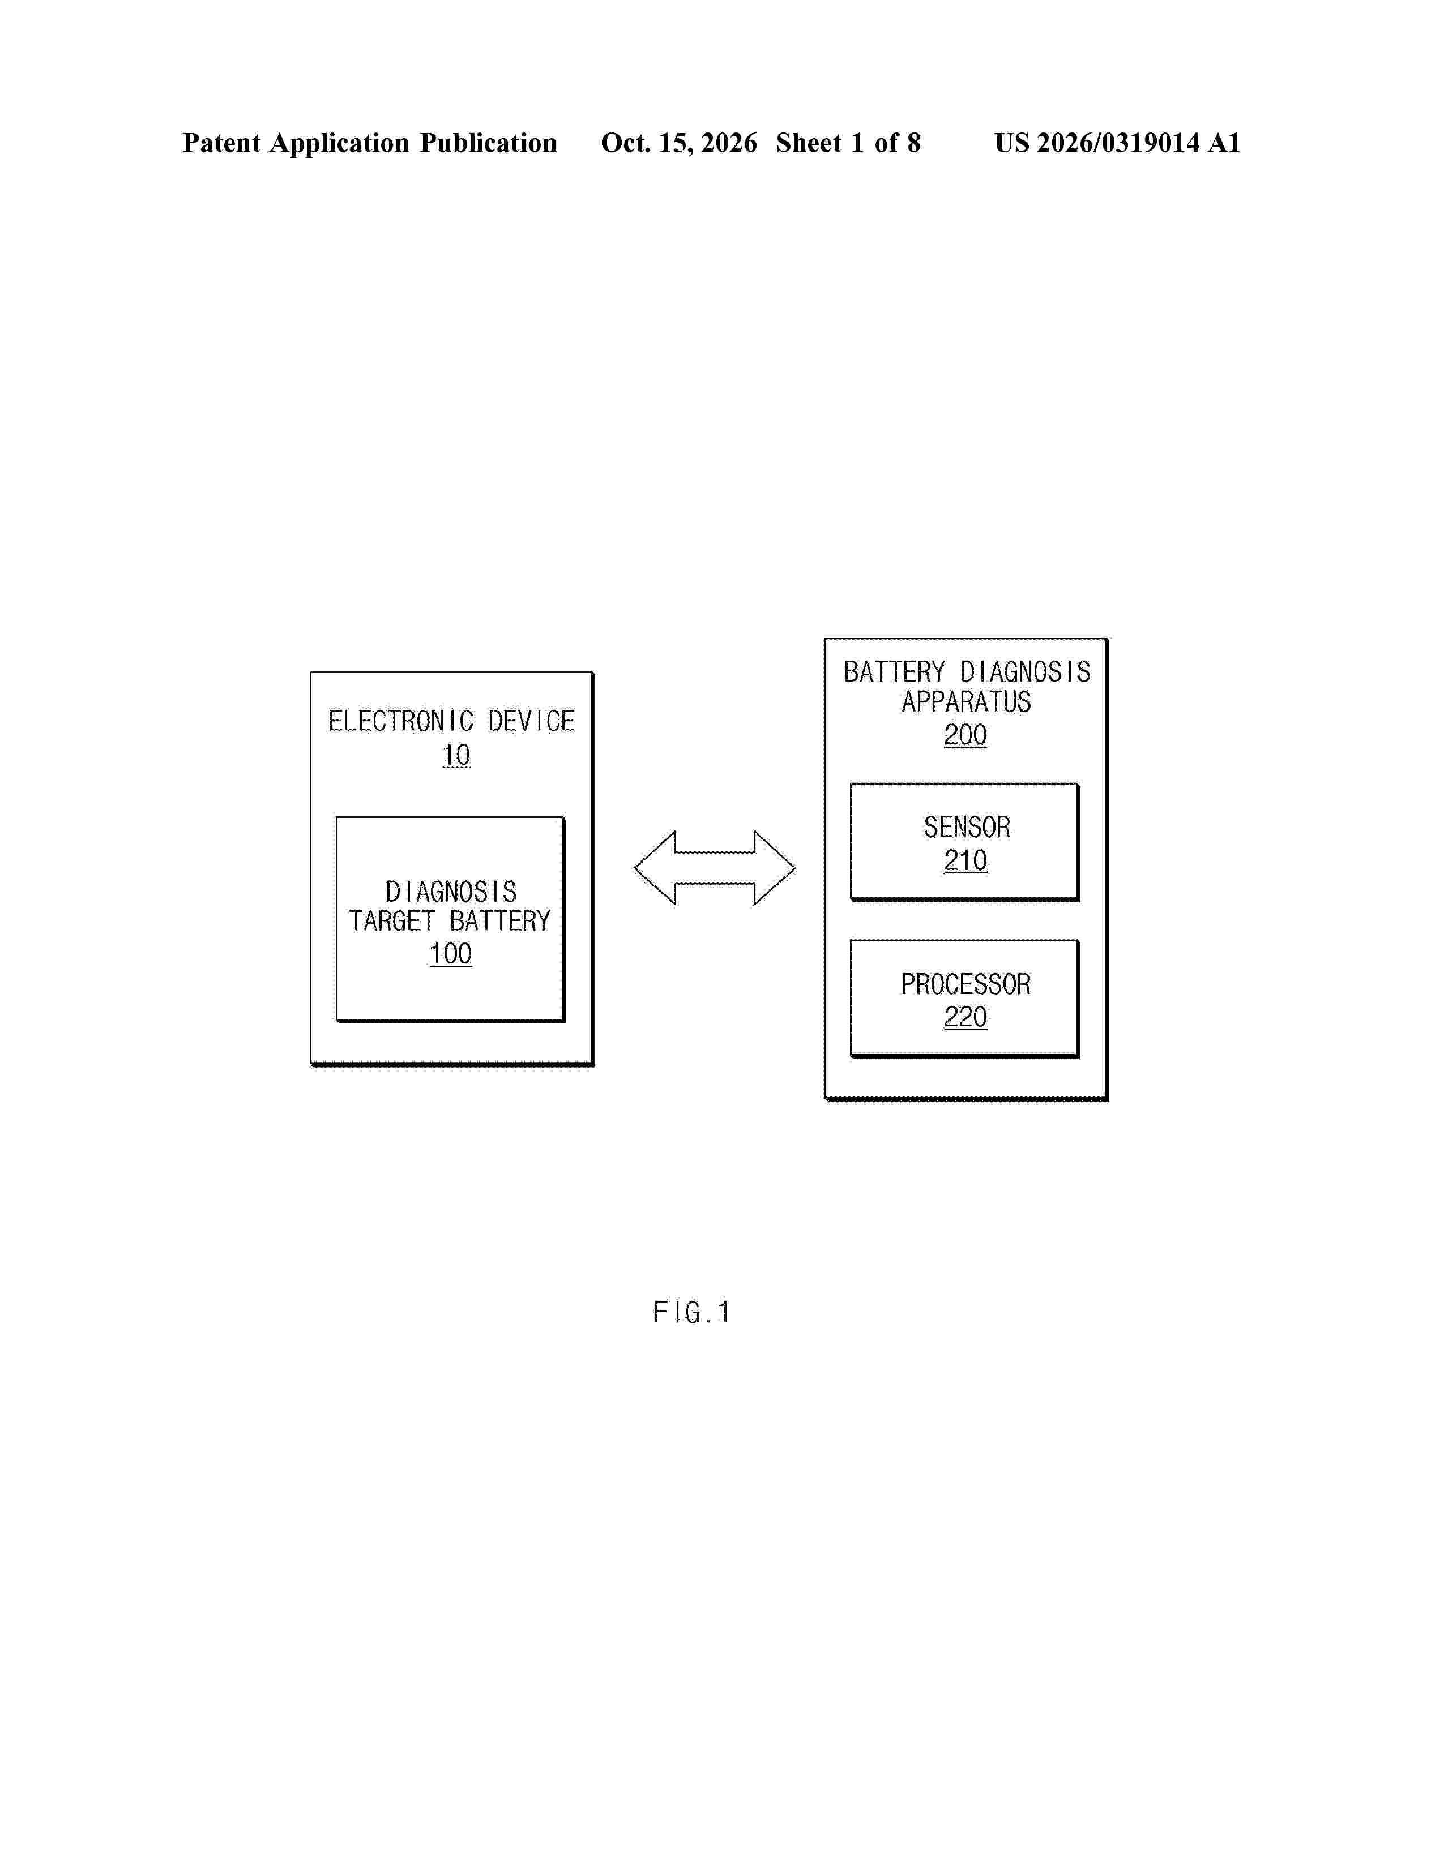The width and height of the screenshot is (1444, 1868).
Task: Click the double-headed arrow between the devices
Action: (714, 867)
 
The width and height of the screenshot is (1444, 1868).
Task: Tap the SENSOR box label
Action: (967, 827)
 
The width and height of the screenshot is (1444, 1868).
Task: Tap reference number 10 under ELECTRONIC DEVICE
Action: (456, 755)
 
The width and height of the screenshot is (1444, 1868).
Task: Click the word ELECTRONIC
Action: (401, 721)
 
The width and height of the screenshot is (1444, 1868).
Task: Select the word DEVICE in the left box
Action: (531, 721)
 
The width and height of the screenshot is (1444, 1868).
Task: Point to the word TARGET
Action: (392, 921)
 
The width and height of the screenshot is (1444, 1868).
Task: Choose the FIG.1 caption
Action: (691, 1312)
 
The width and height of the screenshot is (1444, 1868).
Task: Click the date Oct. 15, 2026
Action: (678, 143)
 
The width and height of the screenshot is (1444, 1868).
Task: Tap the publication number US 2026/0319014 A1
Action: (1117, 143)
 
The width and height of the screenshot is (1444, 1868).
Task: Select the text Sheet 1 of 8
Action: (849, 143)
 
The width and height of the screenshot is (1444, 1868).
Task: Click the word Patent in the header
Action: (221, 143)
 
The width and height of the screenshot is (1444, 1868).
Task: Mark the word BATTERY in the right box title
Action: (894, 672)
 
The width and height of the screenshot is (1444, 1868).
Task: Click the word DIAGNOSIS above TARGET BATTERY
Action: (451, 892)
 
